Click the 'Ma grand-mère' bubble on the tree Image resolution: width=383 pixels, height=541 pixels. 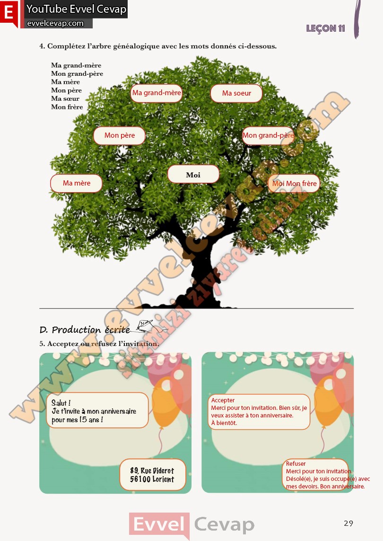tap(157, 93)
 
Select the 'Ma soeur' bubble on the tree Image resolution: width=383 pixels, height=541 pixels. tap(236, 93)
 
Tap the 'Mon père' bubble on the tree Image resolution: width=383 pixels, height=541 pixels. tap(119, 135)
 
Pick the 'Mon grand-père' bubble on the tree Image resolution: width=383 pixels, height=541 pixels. tap(268, 135)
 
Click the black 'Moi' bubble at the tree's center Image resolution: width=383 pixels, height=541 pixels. tap(193, 174)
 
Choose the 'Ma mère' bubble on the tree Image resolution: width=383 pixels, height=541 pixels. tap(76, 183)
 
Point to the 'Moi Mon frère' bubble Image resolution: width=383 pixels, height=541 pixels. tap(294, 183)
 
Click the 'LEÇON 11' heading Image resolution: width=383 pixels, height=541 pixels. tap(325, 28)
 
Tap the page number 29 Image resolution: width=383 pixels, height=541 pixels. tap(348, 523)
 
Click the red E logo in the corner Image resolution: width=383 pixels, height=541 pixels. tap(9, 13)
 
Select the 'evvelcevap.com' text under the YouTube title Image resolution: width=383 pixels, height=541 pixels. tap(55, 24)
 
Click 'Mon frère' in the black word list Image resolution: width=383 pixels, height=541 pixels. tap(67, 107)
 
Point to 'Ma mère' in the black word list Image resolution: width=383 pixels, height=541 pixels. tap(66, 82)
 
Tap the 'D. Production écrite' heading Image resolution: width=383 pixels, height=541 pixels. tap(85, 330)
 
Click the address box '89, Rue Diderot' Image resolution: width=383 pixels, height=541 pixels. tap(152, 475)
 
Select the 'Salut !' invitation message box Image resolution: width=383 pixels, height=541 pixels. tap(97, 410)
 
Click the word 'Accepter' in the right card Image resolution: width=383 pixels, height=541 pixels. tap(223, 400)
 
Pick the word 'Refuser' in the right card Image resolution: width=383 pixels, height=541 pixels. tap(296, 464)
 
